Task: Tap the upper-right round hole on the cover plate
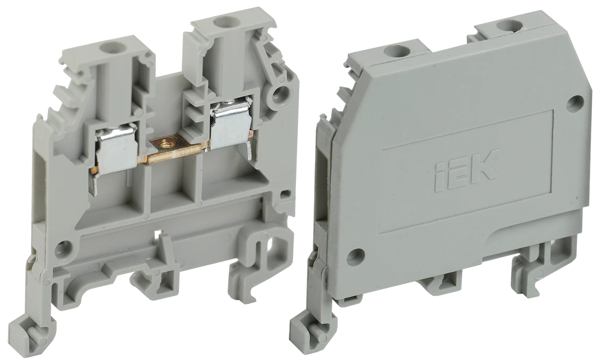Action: [x=576, y=104]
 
